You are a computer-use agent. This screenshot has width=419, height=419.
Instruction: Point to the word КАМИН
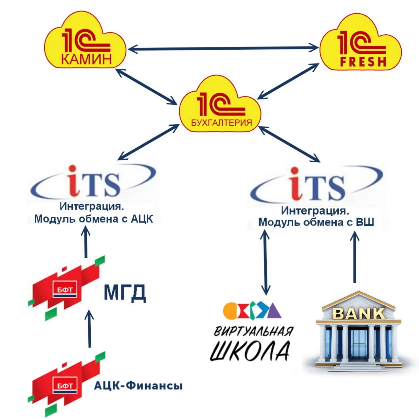click(86, 59)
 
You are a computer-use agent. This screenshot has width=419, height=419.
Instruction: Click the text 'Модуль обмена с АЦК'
click(94, 219)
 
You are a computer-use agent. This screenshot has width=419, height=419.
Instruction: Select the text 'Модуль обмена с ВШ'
click(316, 222)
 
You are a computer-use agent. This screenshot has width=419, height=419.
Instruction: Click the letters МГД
click(125, 293)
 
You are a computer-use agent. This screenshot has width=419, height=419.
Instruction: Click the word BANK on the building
click(359, 314)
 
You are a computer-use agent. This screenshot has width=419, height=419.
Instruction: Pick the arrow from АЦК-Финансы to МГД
click(89, 329)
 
